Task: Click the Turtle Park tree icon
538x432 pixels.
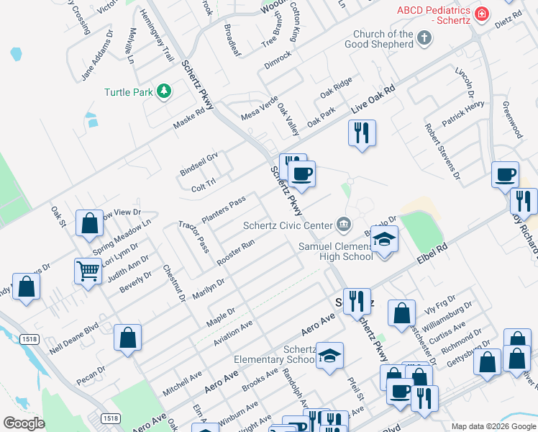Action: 165,91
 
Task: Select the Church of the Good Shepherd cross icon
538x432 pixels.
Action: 424,38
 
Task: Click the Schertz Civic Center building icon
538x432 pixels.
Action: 344,225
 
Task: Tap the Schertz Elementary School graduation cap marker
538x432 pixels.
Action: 329,355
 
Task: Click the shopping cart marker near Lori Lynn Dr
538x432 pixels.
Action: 88,271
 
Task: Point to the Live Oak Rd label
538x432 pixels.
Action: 374,99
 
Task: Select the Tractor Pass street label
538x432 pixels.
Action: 194,235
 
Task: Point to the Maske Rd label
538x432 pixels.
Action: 189,120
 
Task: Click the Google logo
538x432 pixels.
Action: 24,423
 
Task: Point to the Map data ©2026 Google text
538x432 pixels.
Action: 492,426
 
